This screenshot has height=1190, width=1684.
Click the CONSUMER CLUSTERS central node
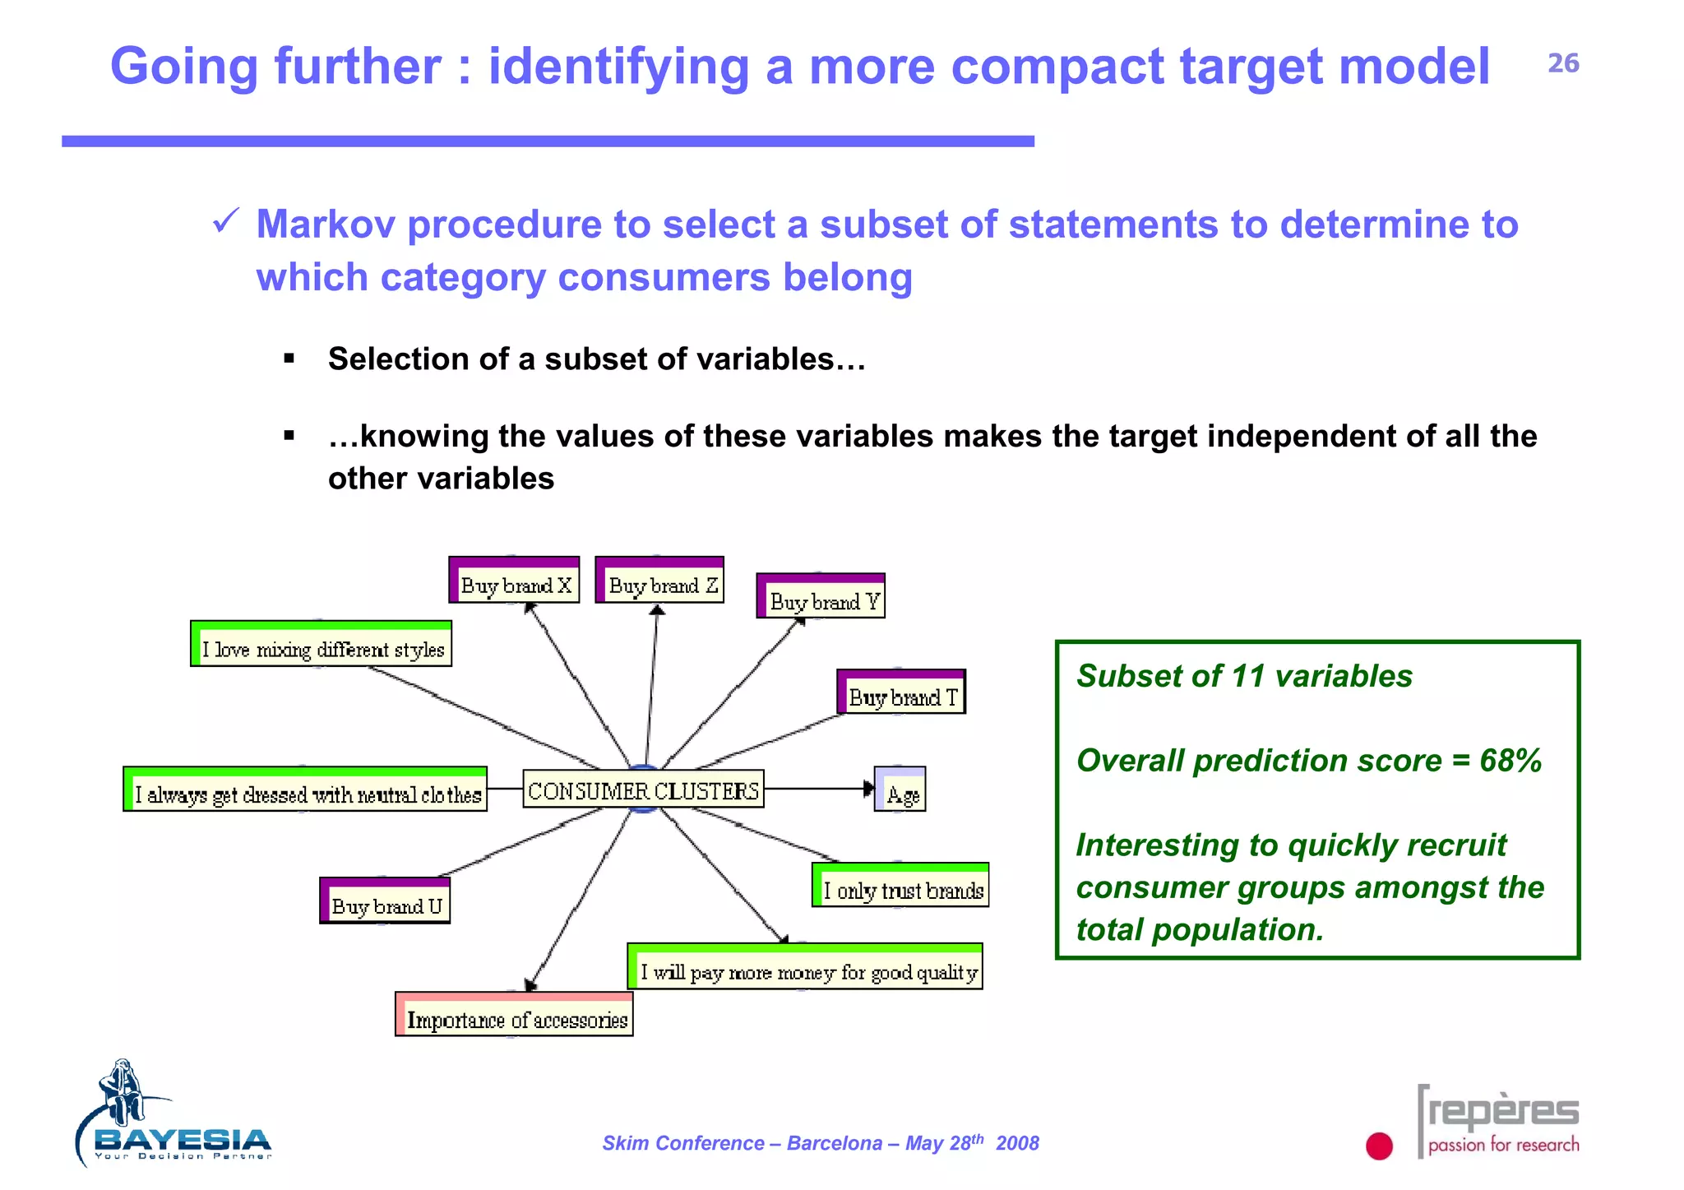point(643,789)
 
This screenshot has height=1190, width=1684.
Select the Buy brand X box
point(515,581)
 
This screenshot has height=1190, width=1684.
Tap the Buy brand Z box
point(659,581)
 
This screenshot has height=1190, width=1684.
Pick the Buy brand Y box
point(821,597)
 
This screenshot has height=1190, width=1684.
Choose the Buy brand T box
point(901,692)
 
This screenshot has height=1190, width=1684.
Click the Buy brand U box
point(385,901)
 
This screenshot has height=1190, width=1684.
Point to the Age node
point(900,789)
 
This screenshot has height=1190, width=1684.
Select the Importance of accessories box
point(514,1015)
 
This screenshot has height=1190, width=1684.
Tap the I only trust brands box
point(900,886)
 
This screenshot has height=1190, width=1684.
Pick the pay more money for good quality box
point(805,967)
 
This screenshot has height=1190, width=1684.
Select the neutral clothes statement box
point(305,789)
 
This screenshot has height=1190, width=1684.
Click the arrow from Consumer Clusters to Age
point(818,789)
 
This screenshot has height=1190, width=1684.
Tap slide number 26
point(1563,63)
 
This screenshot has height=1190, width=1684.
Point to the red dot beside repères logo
point(1379,1146)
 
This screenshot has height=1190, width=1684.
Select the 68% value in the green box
point(1511,761)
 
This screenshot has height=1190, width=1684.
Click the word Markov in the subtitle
point(325,225)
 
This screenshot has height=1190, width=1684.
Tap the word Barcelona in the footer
point(834,1143)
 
